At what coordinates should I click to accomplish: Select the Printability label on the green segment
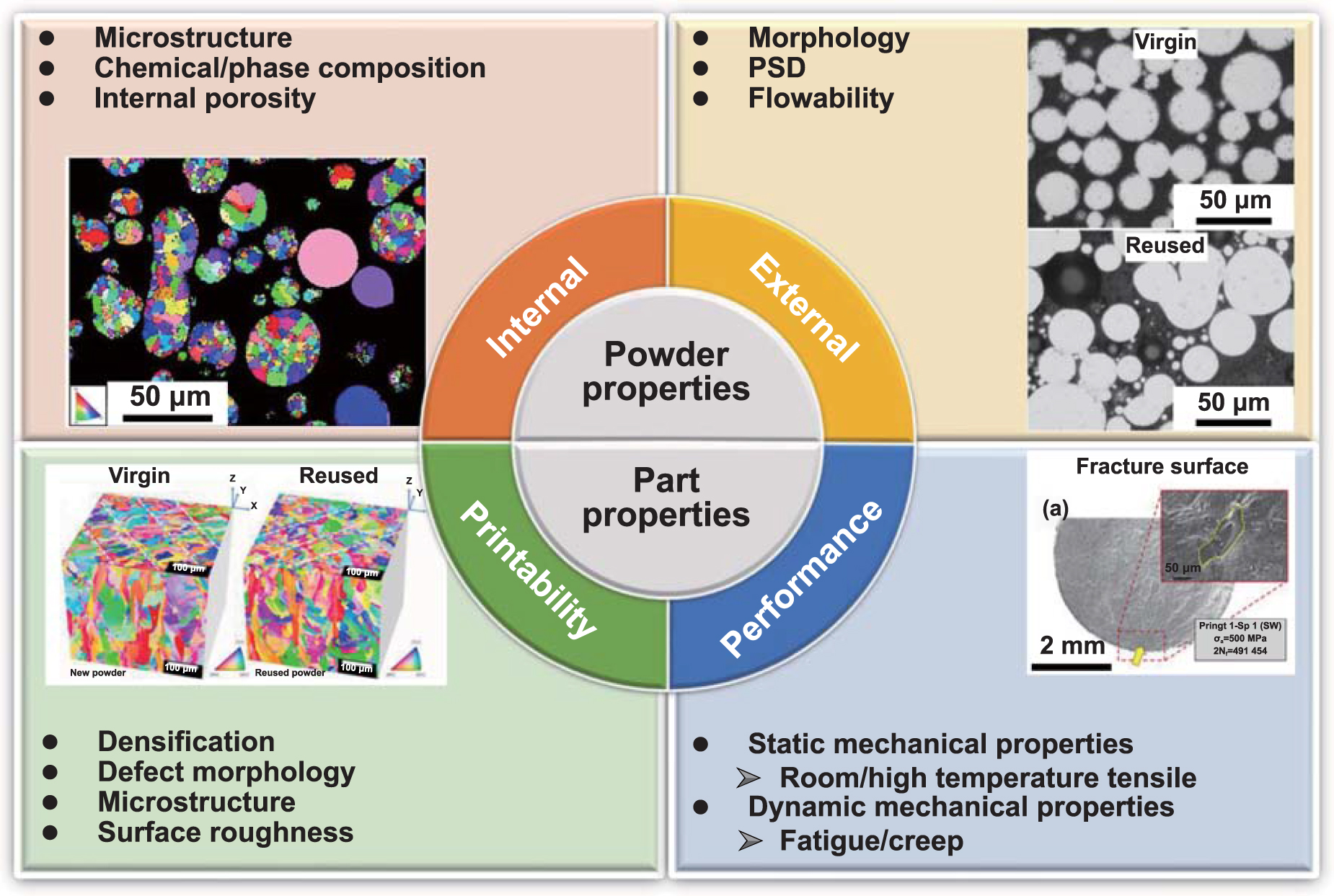point(529,569)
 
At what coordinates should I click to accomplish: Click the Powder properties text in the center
point(666,371)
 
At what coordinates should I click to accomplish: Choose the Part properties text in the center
point(666,497)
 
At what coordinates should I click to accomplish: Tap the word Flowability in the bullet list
point(821,98)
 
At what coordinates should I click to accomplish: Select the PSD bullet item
point(777,68)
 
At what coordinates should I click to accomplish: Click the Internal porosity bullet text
point(205,98)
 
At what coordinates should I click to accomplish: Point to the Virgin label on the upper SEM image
point(1165,42)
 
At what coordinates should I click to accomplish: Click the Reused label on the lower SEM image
point(1165,245)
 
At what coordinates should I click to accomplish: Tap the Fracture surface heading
point(1162,466)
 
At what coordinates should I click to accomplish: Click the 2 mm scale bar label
point(1072,645)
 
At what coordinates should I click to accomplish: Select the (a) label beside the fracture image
point(1055,508)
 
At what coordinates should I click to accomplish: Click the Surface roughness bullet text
point(225,833)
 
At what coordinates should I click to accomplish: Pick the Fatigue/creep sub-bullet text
point(871,840)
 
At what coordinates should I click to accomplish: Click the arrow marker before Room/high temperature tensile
point(748,778)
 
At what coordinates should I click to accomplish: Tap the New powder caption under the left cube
point(97,673)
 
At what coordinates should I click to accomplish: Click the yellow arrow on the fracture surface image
point(1137,656)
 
